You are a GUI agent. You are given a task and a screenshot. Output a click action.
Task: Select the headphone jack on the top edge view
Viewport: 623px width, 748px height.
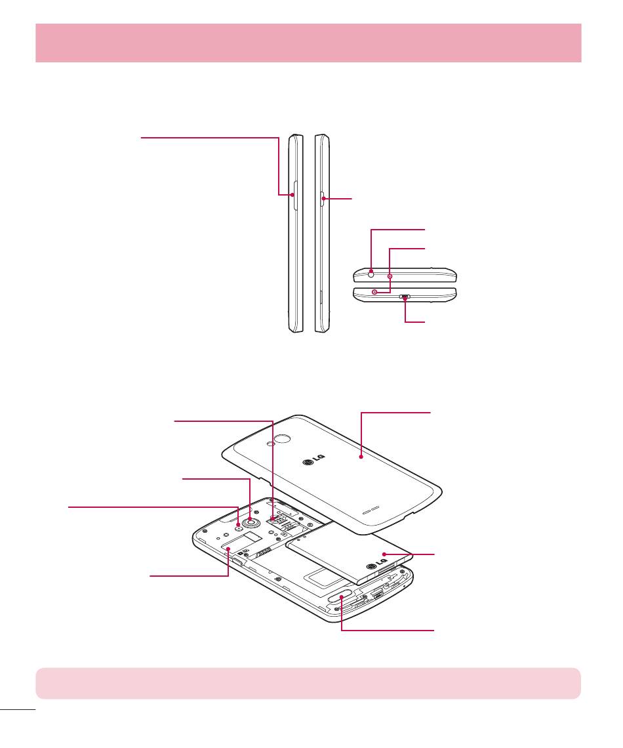[x=371, y=270]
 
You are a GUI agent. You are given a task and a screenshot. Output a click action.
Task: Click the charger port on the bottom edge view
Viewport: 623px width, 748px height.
[x=405, y=297]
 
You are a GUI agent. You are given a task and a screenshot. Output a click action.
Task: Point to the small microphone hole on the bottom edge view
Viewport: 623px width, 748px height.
[x=374, y=291]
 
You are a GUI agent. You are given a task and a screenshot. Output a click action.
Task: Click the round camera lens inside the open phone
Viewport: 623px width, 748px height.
[x=250, y=522]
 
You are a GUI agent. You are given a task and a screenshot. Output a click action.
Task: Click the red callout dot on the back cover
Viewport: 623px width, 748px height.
[x=361, y=453]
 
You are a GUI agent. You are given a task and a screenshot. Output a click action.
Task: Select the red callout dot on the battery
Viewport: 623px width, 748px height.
[x=385, y=554]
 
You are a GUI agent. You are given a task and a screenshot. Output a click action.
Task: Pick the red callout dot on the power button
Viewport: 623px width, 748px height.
[x=324, y=199]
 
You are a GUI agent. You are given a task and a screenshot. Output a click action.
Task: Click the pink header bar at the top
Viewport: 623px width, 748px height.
[x=308, y=43]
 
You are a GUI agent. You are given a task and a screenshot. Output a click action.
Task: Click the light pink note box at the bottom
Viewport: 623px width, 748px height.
[x=308, y=683]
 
